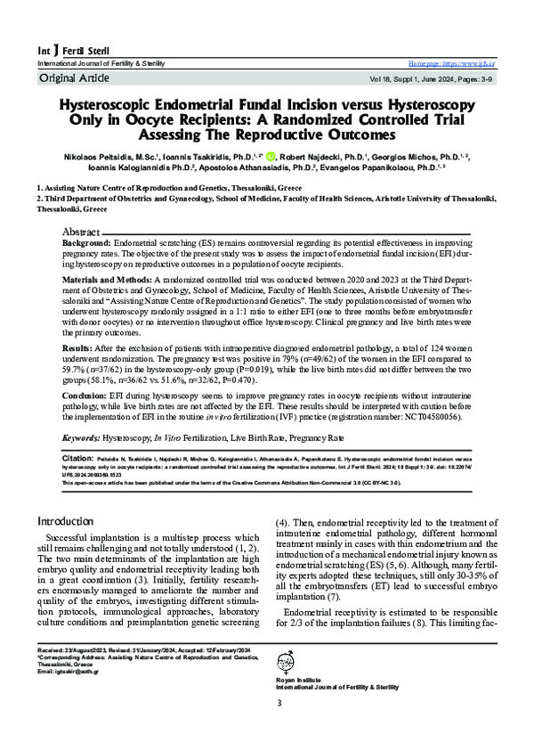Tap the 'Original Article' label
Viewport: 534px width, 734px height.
pos(70,79)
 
